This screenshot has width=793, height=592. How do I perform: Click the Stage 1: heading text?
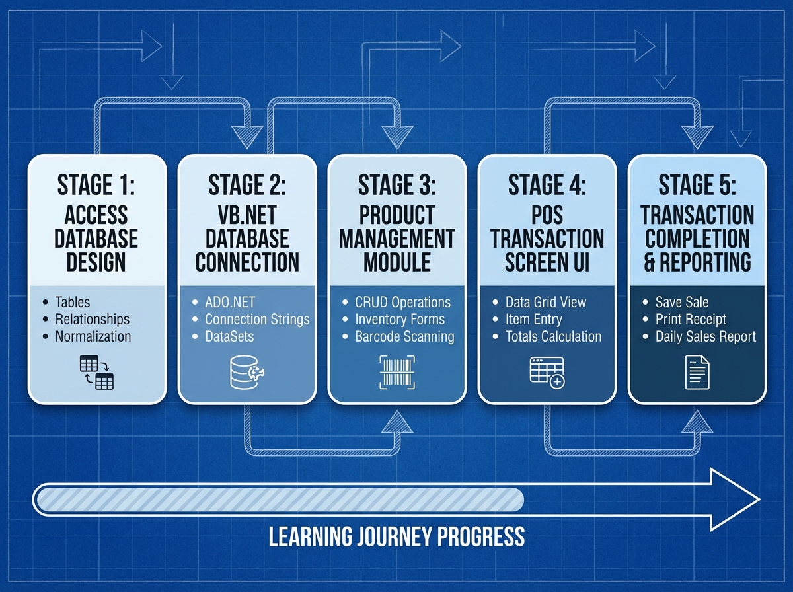[96, 185]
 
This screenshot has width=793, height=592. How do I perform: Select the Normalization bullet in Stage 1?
[93, 336]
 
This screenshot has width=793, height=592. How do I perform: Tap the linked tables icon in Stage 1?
[96, 372]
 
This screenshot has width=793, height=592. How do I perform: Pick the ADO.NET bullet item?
[229, 302]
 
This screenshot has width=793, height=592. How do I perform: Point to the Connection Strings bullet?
[257, 319]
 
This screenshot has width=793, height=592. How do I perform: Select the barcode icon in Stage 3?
[397, 371]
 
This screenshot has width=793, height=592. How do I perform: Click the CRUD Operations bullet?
[402, 302]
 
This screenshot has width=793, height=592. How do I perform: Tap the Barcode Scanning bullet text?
[404, 336]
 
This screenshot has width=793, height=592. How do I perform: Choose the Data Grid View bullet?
[546, 302]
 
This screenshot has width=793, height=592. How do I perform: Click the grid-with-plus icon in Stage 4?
[547, 372]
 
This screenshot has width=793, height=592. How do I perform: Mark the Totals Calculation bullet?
[553, 336]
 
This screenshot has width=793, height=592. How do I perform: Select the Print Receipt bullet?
[691, 319]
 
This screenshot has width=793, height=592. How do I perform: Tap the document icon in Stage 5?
[697, 372]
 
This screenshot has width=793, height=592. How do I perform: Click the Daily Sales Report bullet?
[705, 336]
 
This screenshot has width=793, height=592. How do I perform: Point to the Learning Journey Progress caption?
[397, 536]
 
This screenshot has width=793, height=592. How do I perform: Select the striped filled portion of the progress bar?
[278, 499]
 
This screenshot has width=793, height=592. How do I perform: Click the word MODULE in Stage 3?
[397, 262]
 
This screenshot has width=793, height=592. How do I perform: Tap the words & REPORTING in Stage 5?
[697, 262]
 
